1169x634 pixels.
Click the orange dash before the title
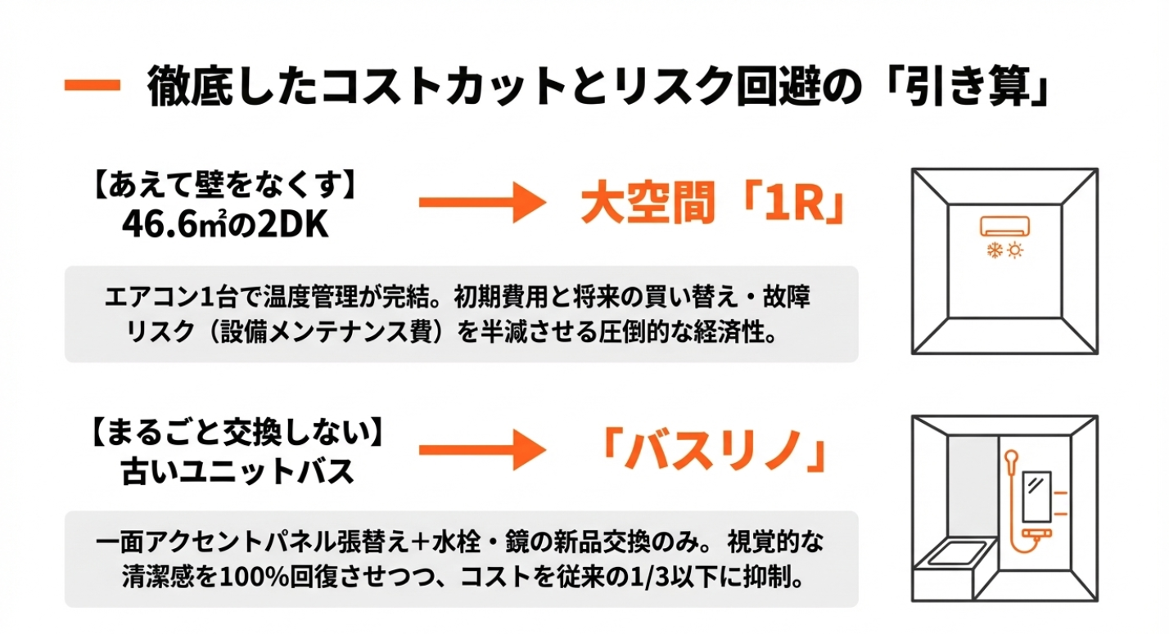(x=93, y=86)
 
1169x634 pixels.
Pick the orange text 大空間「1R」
(x=711, y=205)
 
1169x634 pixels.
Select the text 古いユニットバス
(x=237, y=471)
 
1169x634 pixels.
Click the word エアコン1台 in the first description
(x=155, y=296)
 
